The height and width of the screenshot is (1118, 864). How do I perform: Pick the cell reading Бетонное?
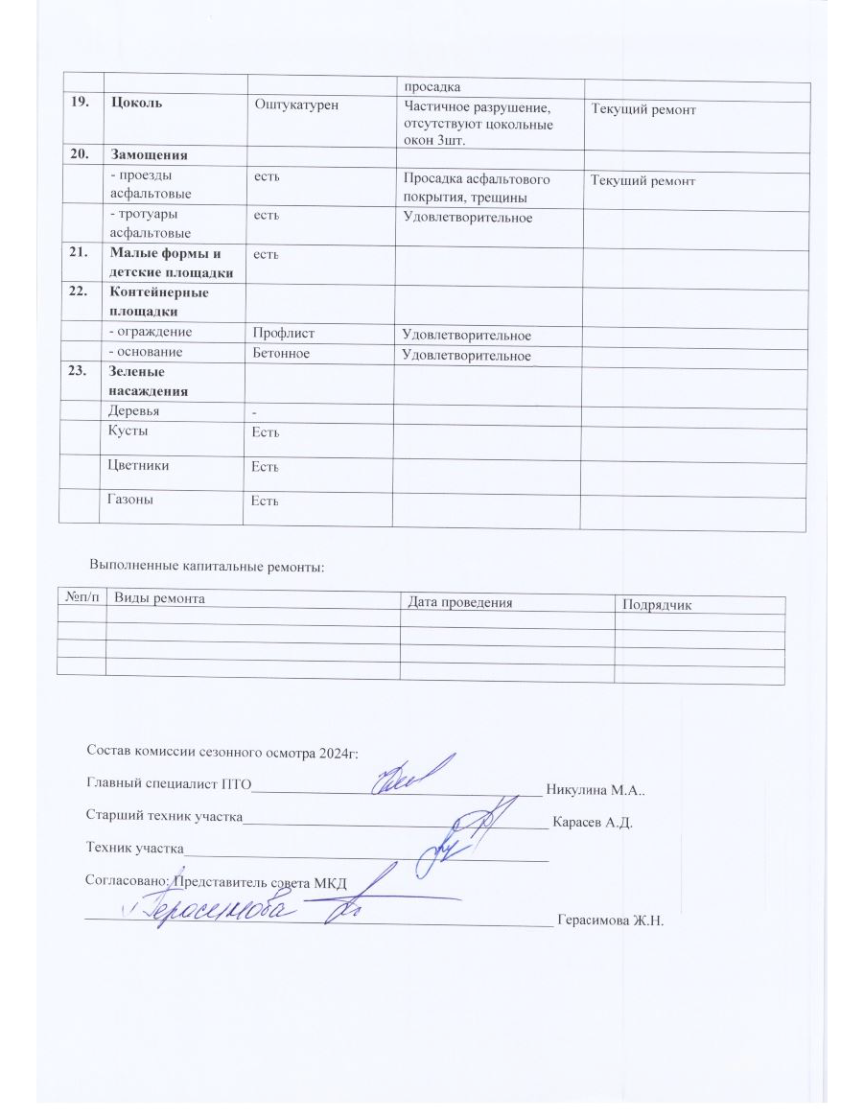[x=282, y=352]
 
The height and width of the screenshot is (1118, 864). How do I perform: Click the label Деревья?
[x=135, y=410]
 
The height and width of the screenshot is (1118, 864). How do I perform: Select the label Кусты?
[x=129, y=431]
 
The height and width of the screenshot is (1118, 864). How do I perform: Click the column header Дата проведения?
[x=459, y=602]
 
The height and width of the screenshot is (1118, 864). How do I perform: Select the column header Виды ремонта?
[x=159, y=597]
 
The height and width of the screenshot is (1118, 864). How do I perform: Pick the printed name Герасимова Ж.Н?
[x=610, y=920]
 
